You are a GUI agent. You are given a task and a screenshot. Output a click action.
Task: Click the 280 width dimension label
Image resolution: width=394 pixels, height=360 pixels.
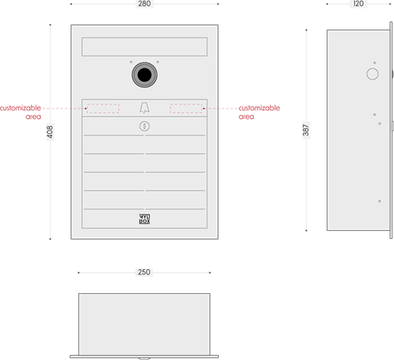pyautogui.click(x=145, y=4)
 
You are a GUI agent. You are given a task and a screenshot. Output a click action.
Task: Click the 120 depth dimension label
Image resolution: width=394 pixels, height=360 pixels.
pyautogui.click(x=358, y=4)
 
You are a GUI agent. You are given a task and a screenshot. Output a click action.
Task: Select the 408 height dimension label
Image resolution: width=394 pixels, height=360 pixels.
pyautogui.click(x=50, y=132)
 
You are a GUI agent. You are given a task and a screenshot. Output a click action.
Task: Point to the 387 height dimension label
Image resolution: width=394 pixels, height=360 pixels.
pyautogui.click(x=306, y=130)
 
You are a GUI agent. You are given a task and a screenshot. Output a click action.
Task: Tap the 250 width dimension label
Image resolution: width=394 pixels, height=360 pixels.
pyautogui.click(x=144, y=272)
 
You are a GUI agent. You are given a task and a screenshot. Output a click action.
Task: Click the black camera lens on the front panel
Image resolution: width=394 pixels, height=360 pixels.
pyautogui.click(x=145, y=75)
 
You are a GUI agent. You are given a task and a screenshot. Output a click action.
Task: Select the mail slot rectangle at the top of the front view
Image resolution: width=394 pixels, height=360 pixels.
pyautogui.click(x=145, y=47)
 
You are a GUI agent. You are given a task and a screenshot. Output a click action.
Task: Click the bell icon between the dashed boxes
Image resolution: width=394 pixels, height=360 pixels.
pyautogui.click(x=145, y=108)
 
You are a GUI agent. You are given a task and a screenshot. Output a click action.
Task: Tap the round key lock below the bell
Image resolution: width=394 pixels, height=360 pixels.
pyautogui.click(x=145, y=126)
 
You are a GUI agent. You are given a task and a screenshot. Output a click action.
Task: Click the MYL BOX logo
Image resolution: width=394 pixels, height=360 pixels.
pyautogui.click(x=145, y=219)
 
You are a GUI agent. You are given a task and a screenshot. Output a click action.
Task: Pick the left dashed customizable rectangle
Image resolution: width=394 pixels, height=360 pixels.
pyautogui.click(x=103, y=109)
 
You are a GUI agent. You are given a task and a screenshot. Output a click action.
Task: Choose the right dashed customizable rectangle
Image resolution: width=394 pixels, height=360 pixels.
pyautogui.click(x=186, y=109)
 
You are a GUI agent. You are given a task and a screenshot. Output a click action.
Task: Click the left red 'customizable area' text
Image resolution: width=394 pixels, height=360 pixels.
pyautogui.click(x=21, y=112)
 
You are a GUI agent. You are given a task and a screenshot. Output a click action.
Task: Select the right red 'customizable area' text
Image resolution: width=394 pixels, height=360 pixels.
pyautogui.click(x=259, y=112)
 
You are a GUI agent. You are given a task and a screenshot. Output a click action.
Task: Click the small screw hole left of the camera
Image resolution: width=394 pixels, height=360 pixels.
pyautogui.click(x=131, y=62)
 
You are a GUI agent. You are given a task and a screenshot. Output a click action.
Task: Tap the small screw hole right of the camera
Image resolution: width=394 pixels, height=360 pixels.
pyautogui.click(x=158, y=62)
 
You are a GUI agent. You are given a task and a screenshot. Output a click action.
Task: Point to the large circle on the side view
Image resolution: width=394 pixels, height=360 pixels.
pyautogui.click(x=373, y=74)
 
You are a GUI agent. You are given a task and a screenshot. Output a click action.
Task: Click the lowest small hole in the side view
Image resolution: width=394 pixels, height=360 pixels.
pyautogui.click(x=379, y=201)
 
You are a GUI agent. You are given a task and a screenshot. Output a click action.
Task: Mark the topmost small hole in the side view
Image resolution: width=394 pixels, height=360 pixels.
pyautogui.click(x=374, y=63)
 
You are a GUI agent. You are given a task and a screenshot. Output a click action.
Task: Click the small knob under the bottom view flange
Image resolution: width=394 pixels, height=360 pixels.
pyautogui.click(x=145, y=359)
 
